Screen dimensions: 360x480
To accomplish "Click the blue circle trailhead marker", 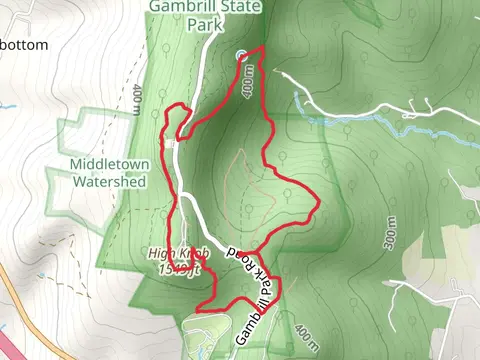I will pyautogui.click(x=241, y=56).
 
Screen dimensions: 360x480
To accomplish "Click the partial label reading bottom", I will pyautogui.click(x=24, y=45).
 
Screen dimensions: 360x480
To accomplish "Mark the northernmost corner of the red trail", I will pyautogui.click(x=263, y=48).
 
